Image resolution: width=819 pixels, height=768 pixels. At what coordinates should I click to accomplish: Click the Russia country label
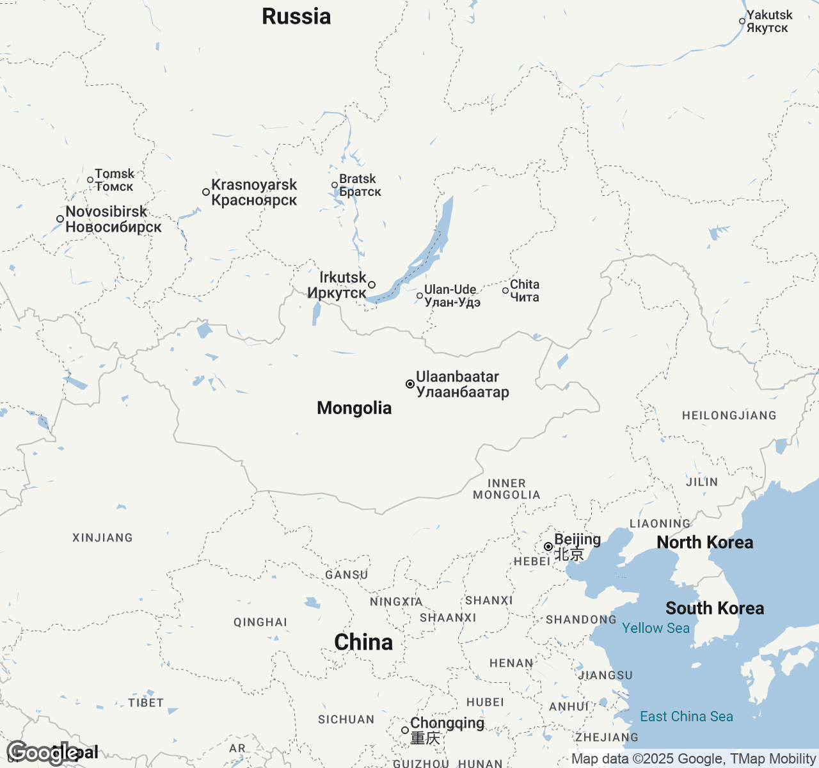tap(296, 17)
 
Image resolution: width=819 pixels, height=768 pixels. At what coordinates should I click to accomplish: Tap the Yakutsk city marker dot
tap(742, 21)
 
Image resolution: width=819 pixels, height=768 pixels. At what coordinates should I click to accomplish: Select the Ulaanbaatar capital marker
tap(410, 384)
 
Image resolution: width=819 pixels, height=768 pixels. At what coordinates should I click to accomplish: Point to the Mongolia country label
tap(354, 408)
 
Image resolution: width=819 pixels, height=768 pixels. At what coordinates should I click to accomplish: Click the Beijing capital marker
tap(548, 547)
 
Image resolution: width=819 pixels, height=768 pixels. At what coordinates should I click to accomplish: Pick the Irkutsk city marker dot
tap(372, 285)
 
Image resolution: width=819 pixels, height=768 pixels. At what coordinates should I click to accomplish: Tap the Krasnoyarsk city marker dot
tap(206, 192)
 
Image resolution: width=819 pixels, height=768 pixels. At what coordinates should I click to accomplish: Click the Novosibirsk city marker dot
tap(60, 219)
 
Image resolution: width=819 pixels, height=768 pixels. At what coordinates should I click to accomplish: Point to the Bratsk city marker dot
tap(335, 186)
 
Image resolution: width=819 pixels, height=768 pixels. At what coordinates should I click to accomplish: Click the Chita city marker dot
tap(505, 291)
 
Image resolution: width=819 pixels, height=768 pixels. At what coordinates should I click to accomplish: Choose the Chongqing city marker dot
tap(405, 730)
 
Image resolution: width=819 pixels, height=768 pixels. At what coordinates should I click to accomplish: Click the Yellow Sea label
tap(656, 628)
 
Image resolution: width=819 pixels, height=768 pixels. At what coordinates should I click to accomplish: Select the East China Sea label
tap(687, 717)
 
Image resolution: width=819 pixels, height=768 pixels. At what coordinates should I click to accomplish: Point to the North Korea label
tap(704, 543)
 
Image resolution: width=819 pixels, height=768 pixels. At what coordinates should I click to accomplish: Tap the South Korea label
tap(715, 609)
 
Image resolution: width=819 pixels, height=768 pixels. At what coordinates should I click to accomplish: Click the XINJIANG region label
tap(102, 538)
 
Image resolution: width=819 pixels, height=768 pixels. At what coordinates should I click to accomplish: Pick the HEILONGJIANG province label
tap(729, 416)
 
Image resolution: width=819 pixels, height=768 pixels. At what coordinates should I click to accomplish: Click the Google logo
tap(42, 753)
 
